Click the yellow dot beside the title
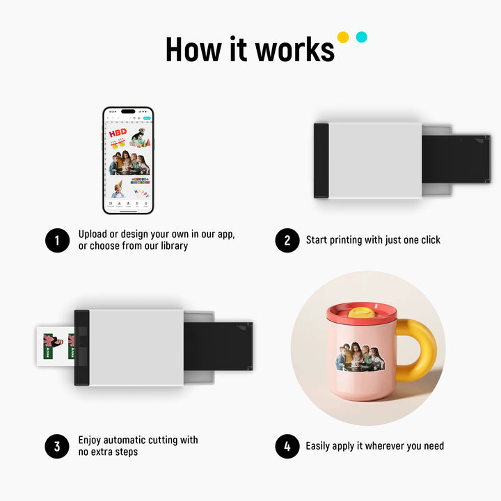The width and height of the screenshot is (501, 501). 342,37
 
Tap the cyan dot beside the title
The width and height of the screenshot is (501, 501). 361,37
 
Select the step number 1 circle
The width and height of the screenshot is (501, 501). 57,240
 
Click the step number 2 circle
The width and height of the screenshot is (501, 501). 287,240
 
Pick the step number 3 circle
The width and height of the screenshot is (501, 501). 57,446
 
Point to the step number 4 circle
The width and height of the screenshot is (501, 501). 287,446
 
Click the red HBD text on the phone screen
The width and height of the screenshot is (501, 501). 118,132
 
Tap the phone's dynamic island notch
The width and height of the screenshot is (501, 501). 128,111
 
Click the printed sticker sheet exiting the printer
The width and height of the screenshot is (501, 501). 56,346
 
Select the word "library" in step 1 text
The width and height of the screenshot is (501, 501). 172,246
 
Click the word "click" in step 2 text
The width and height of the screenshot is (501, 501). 428,240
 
